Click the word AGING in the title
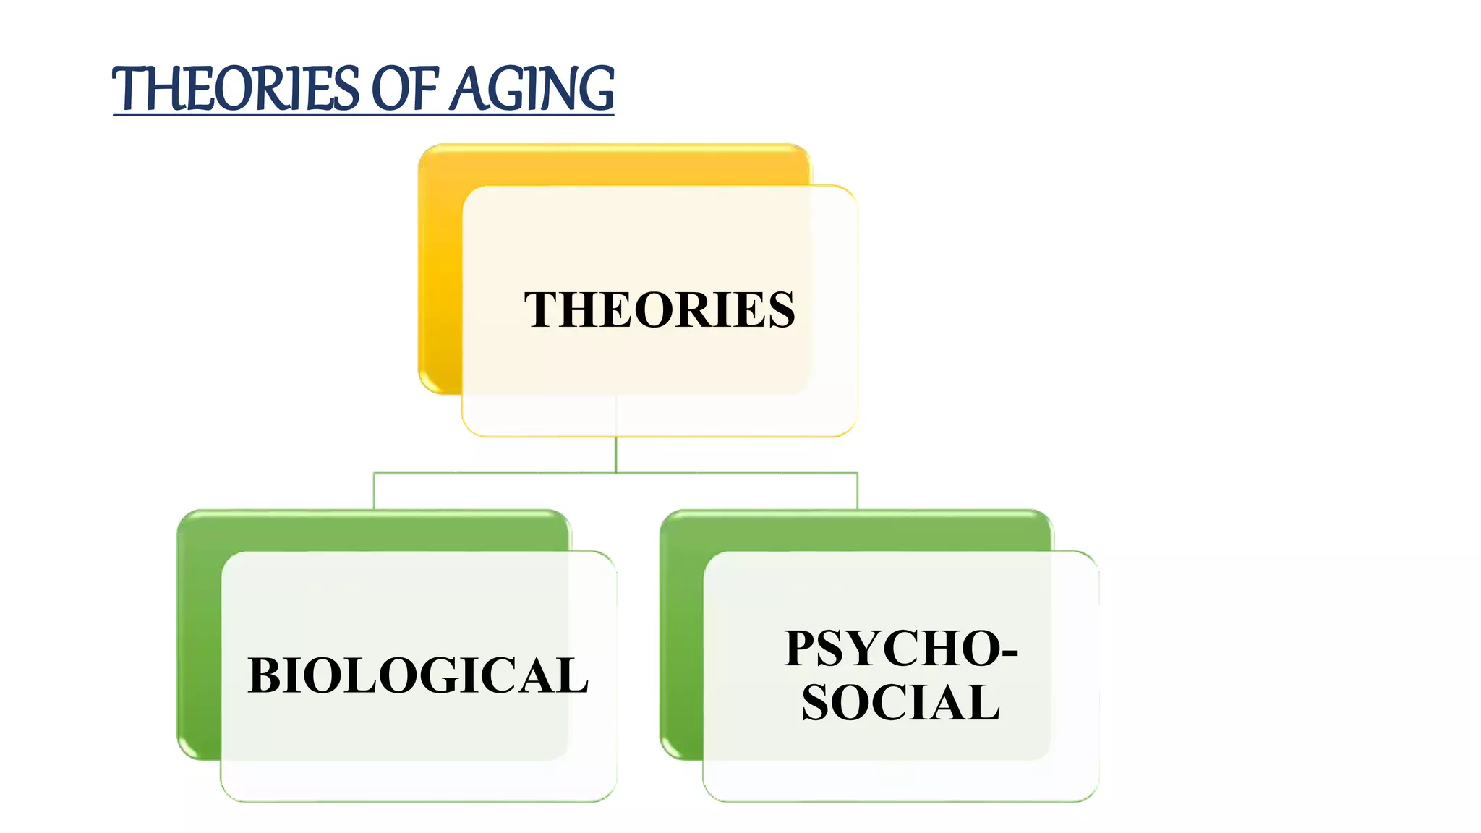coord(532,89)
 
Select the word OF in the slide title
coord(404,89)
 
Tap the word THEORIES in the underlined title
coord(236,89)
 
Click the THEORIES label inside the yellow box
coord(659,310)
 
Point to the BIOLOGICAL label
coord(418,676)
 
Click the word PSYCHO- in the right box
coord(901,649)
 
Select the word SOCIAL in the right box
coord(901,703)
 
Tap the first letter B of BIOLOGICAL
coord(264,676)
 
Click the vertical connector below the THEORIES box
coord(615,455)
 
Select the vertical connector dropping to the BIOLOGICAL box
coord(374,491)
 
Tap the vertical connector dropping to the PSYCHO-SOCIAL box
coord(857,491)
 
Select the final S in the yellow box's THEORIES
coord(781,310)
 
